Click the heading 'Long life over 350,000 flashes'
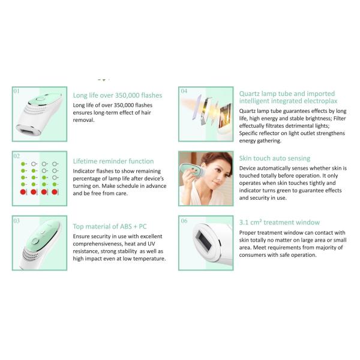pyautogui.click(x=118, y=95)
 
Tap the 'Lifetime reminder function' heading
pyautogui.click(x=113, y=161)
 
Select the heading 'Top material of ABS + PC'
pyautogui.click(x=110, y=226)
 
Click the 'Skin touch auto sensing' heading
pyautogui.click(x=275, y=158)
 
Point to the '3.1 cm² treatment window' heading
pyautogui.click(x=280, y=222)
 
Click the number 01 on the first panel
pyautogui.click(x=17, y=91)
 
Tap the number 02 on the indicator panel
pyautogui.click(x=17, y=156)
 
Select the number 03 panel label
pyautogui.click(x=17, y=221)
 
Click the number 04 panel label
pyautogui.click(x=184, y=91)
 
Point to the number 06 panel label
pyautogui.click(x=184, y=221)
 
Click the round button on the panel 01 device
pyautogui.click(x=41, y=99)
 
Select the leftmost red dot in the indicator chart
pyautogui.click(x=23, y=192)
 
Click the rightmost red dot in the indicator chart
pyautogui.click(x=55, y=192)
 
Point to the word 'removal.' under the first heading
pyautogui.click(x=83, y=120)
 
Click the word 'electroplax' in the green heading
pyautogui.click(x=320, y=101)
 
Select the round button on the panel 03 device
pyautogui.click(x=35, y=241)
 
